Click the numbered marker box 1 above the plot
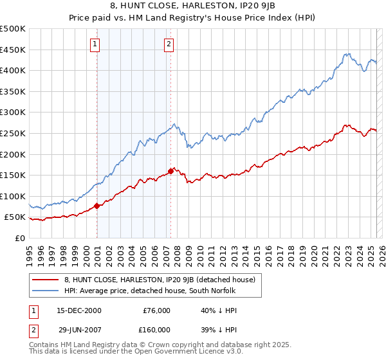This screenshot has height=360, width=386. [95, 44]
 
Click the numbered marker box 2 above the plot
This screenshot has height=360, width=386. [169, 44]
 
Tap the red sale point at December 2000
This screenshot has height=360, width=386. [97, 206]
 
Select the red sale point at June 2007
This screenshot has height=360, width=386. [170, 171]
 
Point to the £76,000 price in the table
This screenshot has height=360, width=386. [156, 310]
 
